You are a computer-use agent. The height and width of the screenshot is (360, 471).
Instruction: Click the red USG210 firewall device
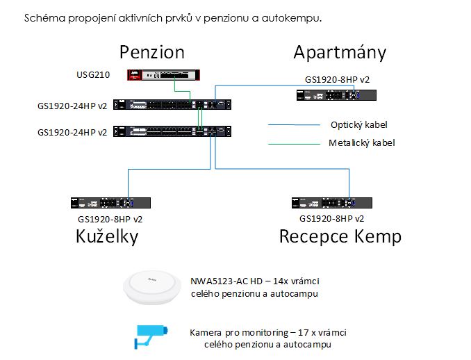click(163, 75)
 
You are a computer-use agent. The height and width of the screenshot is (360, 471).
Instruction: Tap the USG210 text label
click(93, 74)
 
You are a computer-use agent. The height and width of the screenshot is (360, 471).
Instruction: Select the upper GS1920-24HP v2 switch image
click(172, 104)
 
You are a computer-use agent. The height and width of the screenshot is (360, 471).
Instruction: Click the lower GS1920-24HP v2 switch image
click(172, 131)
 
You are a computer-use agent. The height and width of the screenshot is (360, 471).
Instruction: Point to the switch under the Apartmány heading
click(336, 95)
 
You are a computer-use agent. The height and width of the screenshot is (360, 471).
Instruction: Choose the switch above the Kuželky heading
click(110, 203)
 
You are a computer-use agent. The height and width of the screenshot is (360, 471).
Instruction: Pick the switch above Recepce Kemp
click(332, 203)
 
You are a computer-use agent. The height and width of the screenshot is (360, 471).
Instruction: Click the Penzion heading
click(152, 52)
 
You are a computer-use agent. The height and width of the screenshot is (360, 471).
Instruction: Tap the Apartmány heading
click(340, 53)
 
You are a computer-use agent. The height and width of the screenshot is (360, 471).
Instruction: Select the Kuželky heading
click(107, 236)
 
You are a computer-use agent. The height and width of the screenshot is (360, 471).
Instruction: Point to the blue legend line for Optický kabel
click(294, 124)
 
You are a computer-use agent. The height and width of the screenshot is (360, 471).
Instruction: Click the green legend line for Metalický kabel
click(294, 144)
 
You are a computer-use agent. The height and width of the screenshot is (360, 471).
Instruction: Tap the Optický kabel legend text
click(359, 124)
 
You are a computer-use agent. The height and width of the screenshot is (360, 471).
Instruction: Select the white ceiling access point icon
click(152, 288)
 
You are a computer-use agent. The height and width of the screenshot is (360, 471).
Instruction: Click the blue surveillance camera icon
click(151, 337)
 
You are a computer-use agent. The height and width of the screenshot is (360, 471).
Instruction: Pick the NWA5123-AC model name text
click(226, 281)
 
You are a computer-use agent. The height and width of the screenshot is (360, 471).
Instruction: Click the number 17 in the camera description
click(303, 333)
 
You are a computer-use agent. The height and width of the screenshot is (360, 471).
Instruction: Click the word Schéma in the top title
click(44, 18)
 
